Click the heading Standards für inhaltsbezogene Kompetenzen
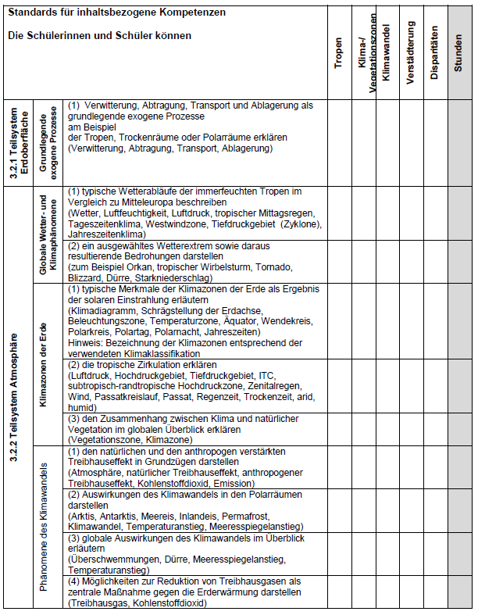click(117, 13)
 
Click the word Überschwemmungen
click(116, 560)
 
